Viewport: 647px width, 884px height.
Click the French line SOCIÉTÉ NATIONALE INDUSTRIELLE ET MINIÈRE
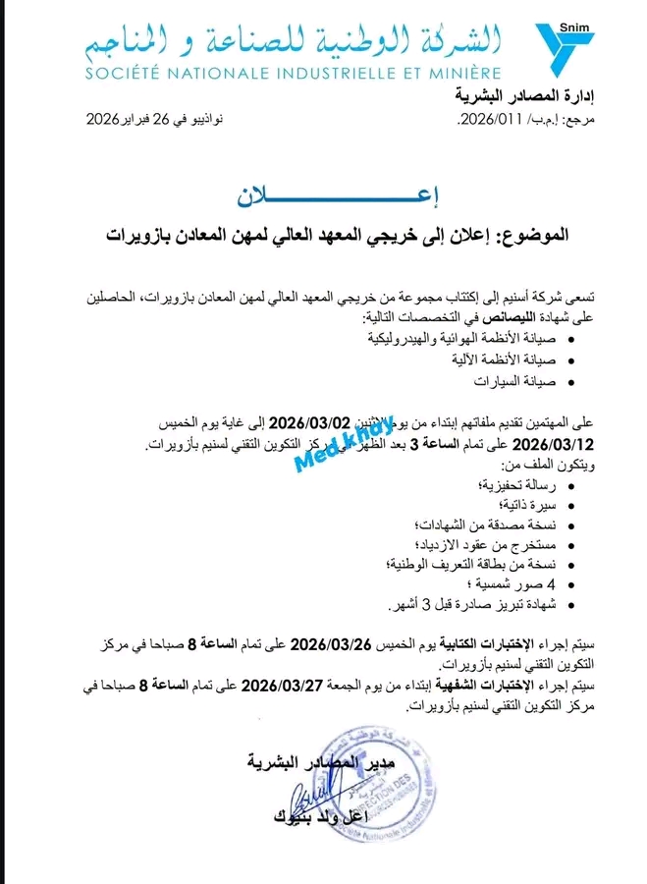click(293, 73)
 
